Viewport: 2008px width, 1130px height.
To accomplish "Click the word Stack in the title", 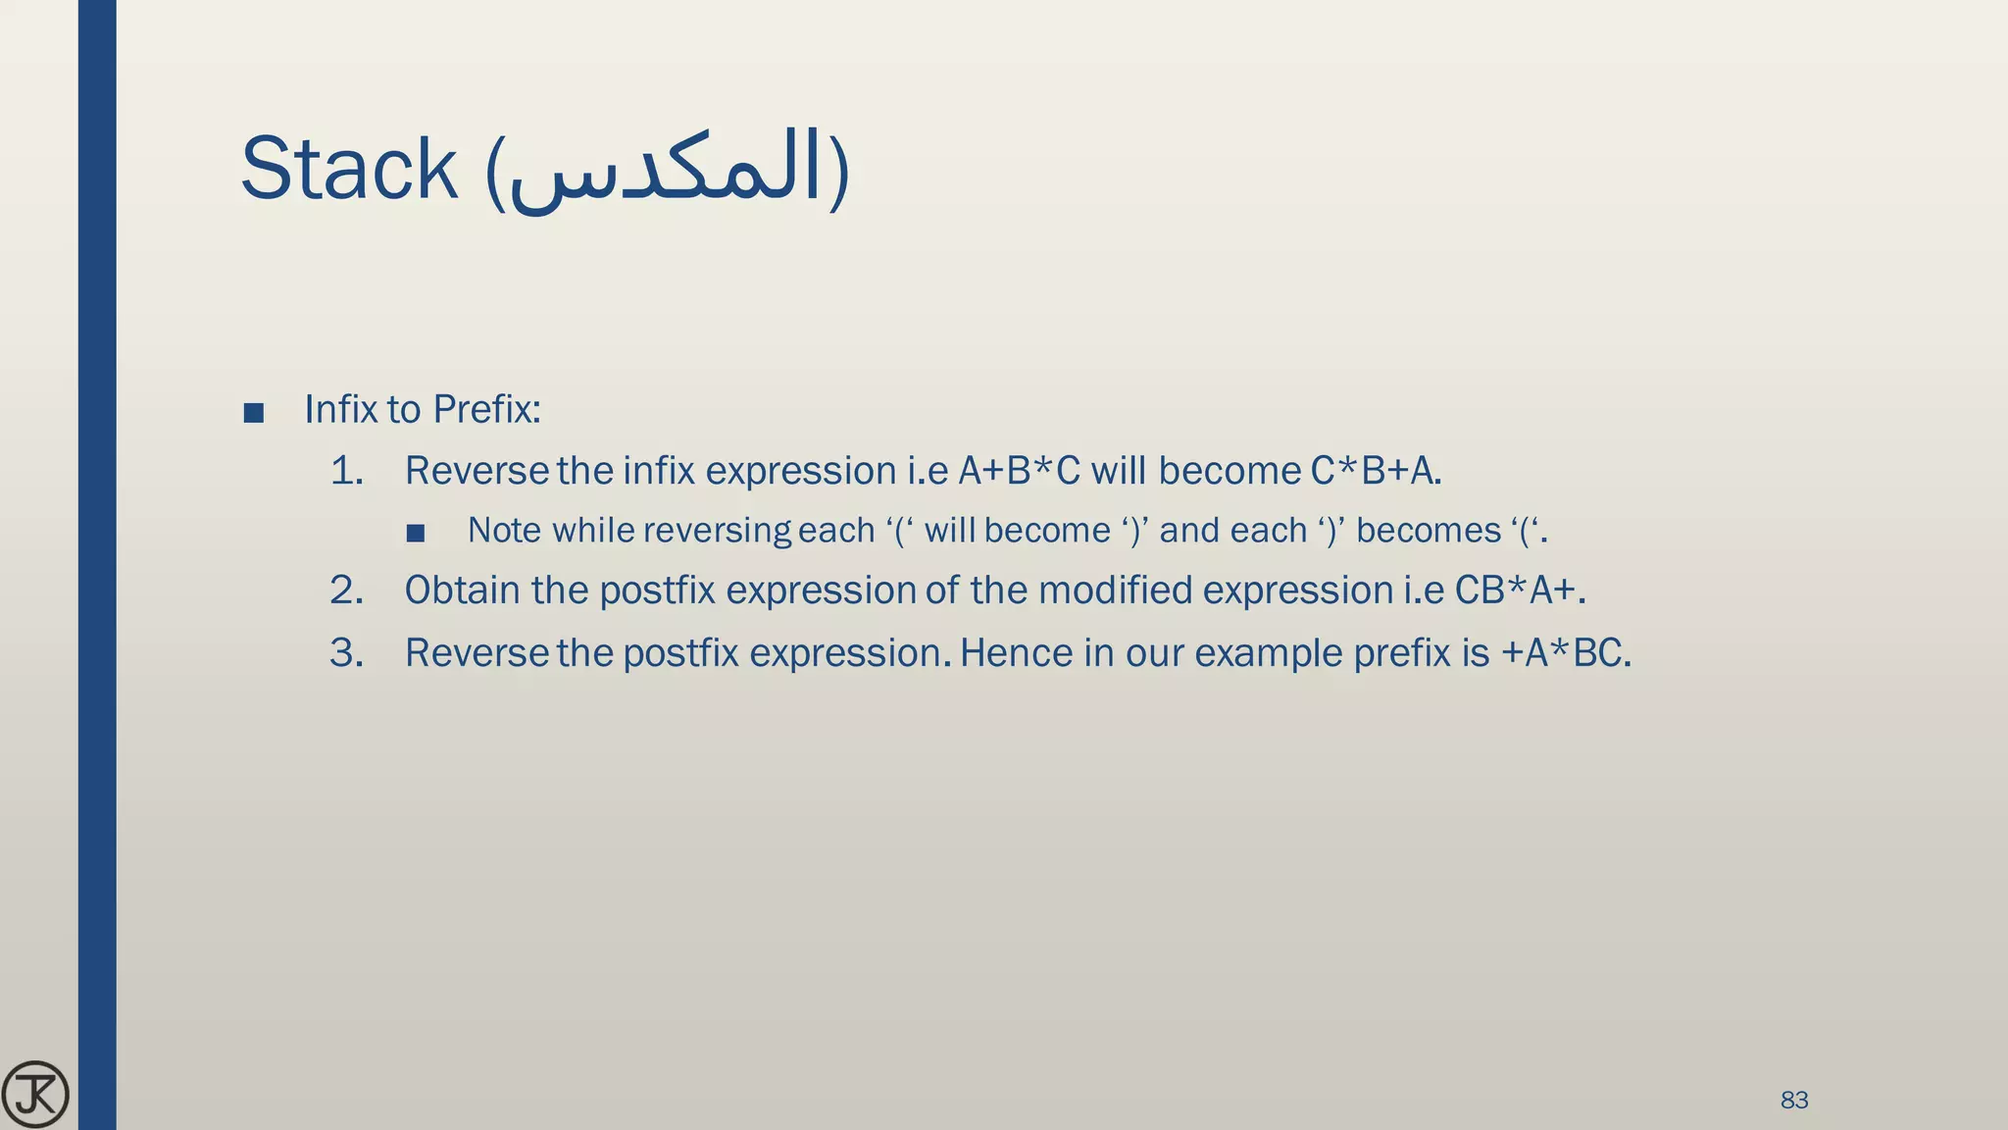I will pos(349,170).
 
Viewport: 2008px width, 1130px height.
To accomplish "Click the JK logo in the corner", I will pos(35,1094).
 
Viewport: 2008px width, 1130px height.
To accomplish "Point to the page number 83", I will pos(1793,1100).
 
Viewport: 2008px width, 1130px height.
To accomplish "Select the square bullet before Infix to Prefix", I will pos(253,413).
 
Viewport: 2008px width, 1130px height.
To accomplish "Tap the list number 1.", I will pos(346,472).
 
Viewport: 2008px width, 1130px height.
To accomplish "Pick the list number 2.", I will pos(346,591).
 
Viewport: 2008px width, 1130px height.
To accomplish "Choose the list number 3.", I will pos(346,653).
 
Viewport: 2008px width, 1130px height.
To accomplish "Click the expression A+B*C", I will pos(1019,472).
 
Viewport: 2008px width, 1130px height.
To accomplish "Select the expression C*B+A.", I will pos(1375,472).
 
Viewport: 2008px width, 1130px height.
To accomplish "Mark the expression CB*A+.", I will pos(1519,591).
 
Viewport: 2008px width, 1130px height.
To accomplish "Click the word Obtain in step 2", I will pos(462,591).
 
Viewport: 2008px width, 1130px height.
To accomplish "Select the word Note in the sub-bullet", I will pos(504,531).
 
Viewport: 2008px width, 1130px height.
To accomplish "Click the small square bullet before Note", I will pos(416,534).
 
